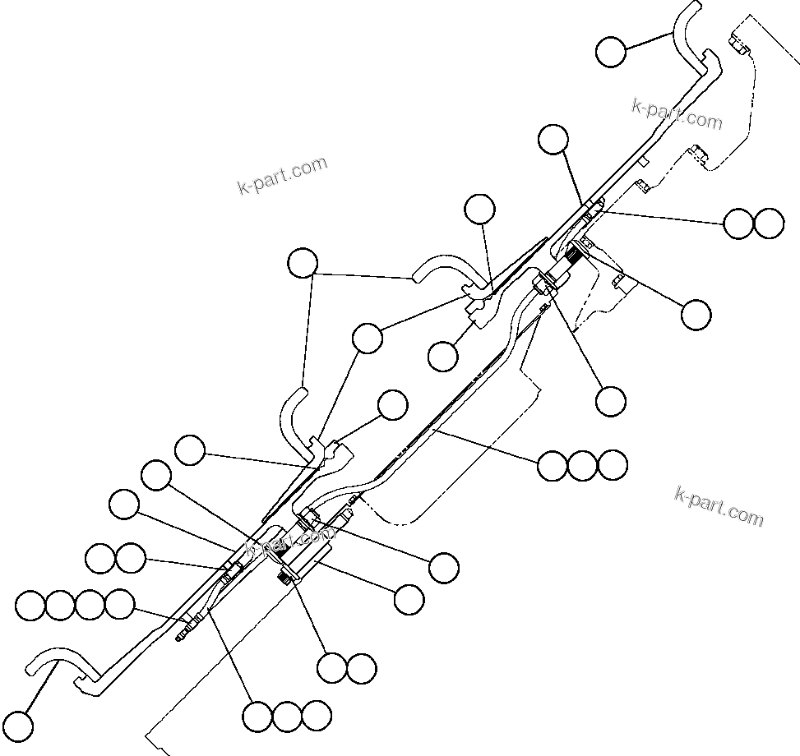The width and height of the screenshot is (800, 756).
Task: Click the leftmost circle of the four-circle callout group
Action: [30, 606]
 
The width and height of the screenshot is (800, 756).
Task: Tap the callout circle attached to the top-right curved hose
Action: [610, 52]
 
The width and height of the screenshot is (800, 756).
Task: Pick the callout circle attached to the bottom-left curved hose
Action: [18, 726]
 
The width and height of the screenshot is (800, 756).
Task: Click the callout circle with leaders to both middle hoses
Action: [303, 263]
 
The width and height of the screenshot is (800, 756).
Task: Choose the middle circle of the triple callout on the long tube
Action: [582, 465]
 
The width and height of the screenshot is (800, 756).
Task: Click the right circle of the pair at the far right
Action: [769, 223]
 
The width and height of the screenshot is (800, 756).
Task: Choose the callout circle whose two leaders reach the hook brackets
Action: [367, 337]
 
